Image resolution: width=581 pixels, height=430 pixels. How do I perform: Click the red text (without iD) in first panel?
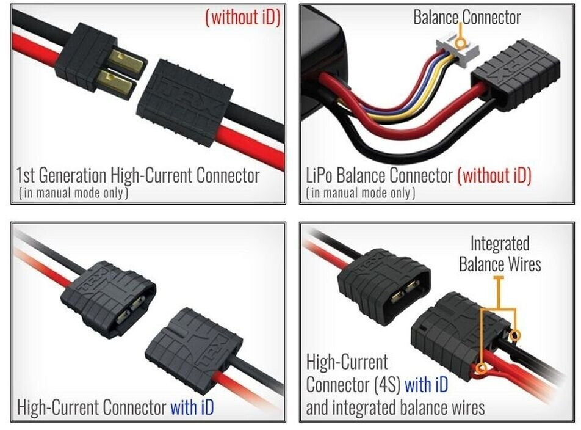point(243,17)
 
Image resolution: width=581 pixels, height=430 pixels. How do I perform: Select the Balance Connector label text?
point(467,17)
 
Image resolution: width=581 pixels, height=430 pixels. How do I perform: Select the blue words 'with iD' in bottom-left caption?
point(192,406)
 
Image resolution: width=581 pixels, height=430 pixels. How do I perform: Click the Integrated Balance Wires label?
point(500,254)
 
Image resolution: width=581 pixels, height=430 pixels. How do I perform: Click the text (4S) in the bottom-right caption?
point(384,385)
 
